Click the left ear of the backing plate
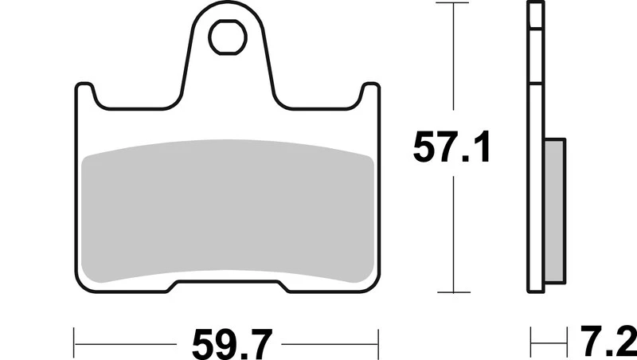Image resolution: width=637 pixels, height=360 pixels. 84,93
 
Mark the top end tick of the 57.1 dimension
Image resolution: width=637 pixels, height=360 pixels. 454,4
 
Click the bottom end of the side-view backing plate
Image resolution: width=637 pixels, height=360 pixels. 536,292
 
